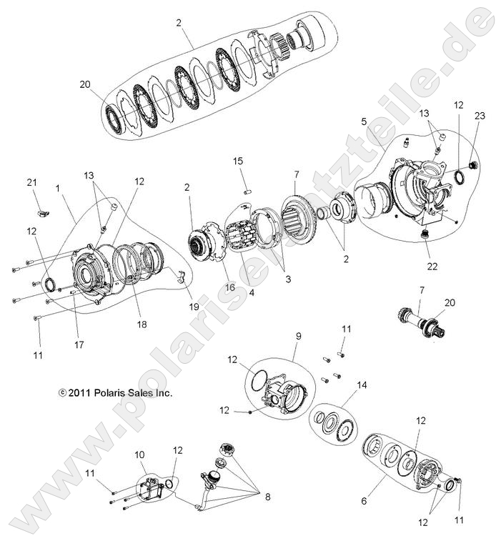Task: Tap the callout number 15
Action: pos(237,162)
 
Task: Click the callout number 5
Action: pos(364,122)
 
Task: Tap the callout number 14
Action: pos(362,385)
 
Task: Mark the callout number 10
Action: pos(139,454)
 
